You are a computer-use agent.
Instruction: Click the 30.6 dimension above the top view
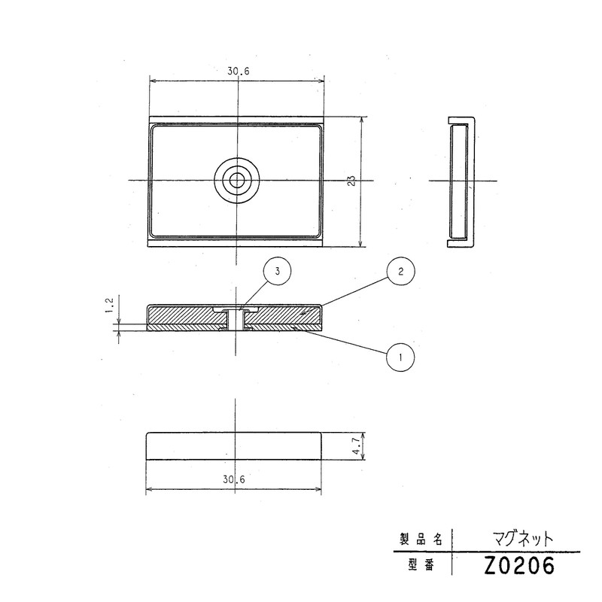(x=238, y=71)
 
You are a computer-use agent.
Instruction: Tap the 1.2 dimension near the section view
(x=109, y=305)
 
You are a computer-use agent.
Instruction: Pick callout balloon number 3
(x=278, y=272)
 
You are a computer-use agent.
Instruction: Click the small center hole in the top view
(x=238, y=180)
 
